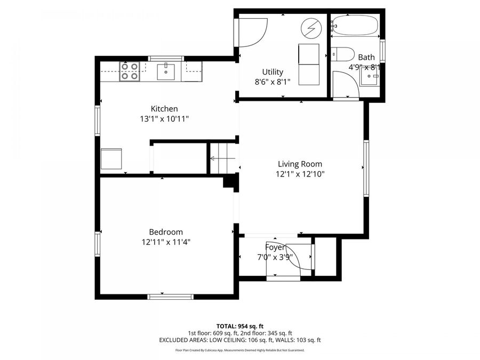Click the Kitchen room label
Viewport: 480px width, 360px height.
point(164,109)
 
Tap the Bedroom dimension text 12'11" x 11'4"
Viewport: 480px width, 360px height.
point(165,242)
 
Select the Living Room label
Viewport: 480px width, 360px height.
point(300,164)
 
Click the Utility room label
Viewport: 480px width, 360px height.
point(273,72)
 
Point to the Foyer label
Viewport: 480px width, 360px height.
point(276,247)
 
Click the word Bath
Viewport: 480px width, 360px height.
point(366,57)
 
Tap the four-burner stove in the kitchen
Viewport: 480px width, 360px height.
point(129,71)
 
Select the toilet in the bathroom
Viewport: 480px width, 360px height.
point(342,54)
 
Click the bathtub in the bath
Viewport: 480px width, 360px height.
point(354,25)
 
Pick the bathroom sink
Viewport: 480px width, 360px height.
point(369,77)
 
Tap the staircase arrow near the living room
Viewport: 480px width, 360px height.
point(219,158)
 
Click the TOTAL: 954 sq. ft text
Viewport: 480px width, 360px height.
point(240,326)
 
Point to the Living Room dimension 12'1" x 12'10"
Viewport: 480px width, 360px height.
point(300,174)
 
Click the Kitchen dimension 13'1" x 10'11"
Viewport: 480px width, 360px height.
point(164,119)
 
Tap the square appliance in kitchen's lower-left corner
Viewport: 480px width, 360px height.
point(111,159)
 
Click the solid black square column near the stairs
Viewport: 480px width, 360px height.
point(230,182)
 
